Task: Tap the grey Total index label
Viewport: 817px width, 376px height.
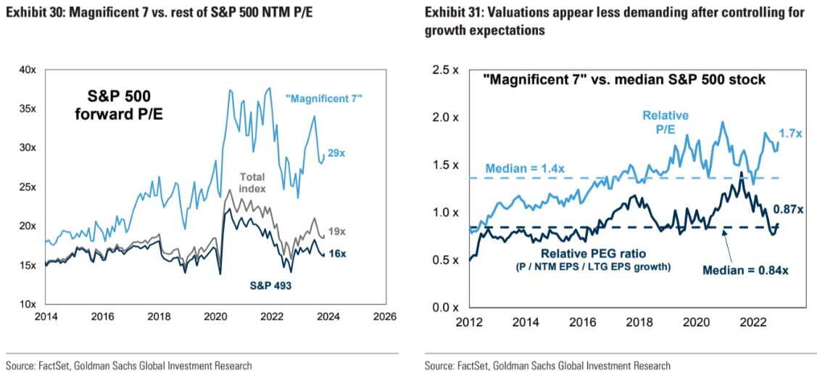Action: [251, 182]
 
